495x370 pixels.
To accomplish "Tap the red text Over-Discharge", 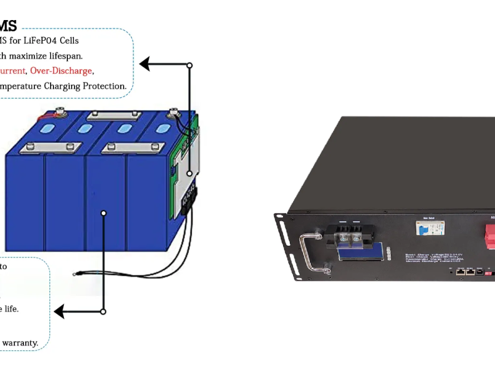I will tap(61, 71).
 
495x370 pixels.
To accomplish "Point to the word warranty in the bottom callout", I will tap(20, 343).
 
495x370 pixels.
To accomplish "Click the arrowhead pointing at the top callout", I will tap(144, 64).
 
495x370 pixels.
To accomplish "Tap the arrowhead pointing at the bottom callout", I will tap(58, 311).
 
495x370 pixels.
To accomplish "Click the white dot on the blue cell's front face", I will tap(103, 213).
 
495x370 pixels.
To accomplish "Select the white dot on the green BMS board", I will tap(189, 173).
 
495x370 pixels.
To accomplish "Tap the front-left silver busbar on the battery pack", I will tap(49, 148).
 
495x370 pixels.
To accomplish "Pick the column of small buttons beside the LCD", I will tap(389, 254).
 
